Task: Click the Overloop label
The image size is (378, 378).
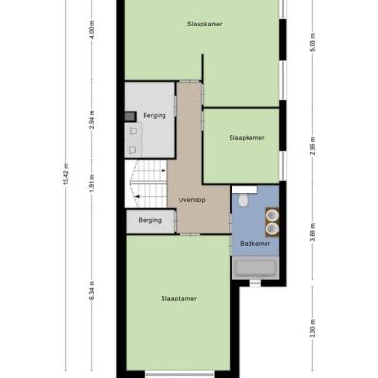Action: click(192, 200)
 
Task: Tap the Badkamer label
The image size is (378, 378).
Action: click(255, 244)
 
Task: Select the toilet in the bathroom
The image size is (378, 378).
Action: click(243, 200)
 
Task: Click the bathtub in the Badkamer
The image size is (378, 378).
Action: click(255, 267)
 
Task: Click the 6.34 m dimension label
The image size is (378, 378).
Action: click(92, 290)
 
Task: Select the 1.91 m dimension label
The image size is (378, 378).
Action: click(92, 182)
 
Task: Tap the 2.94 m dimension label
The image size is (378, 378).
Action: click(92, 120)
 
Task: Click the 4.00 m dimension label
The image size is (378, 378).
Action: click(92, 29)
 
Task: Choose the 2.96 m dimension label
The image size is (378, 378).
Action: click(312, 146)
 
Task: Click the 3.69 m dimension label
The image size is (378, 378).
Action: click(312, 232)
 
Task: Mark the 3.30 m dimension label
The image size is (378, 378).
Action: click(312, 329)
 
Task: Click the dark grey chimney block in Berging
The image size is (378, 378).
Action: click(130, 116)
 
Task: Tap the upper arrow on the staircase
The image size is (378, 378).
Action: click(163, 171)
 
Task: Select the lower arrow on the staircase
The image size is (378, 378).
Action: click(137, 196)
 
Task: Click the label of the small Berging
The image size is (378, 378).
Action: click(150, 220)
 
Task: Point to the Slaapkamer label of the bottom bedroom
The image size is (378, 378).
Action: click(179, 299)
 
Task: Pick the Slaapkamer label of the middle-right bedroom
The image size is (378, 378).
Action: click(247, 138)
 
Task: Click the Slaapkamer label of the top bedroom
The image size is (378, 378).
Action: click(205, 24)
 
